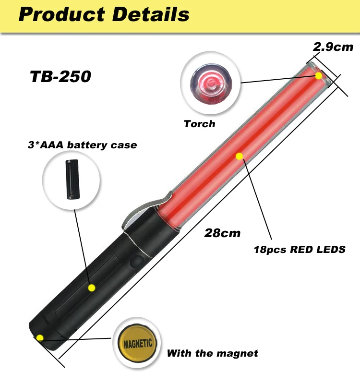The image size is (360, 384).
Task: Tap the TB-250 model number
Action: [x=60, y=77]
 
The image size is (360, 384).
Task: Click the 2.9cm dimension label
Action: [x=333, y=47]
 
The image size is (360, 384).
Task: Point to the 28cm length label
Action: [x=222, y=233]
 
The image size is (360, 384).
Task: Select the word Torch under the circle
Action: [x=199, y=124]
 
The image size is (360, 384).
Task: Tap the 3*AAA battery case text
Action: [x=82, y=145]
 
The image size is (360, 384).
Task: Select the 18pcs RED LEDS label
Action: [x=300, y=250]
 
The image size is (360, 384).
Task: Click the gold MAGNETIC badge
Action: [x=138, y=343]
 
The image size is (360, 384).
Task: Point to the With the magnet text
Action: [x=212, y=353]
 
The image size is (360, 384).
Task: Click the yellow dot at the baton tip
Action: [x=319, y=76]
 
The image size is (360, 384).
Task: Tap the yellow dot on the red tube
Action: [x=239, y=156]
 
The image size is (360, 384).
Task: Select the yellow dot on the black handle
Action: [x=91, y=288]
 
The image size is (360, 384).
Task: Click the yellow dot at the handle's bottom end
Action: [x=40, y=337]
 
